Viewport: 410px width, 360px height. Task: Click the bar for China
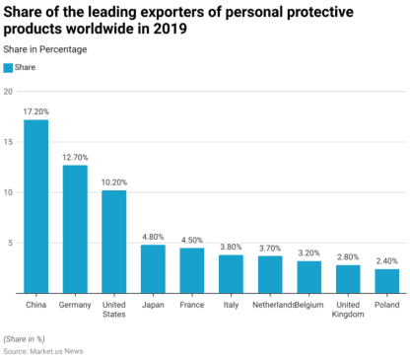pos(36,206)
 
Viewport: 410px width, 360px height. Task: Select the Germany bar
pos(75,229)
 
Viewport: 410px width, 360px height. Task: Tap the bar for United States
pos(113,242)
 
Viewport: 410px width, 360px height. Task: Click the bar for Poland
pos(387,281)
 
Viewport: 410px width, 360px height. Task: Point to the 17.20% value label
pos(36,112)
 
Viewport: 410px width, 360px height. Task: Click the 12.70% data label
pos(75,157)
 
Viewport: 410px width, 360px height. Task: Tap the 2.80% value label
pos(348,256)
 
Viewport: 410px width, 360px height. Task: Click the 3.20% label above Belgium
pos(308,252)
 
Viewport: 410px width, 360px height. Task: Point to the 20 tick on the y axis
pos(8,92)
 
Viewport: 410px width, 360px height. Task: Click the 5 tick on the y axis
pos(10,243)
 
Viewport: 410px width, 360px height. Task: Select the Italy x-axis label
pos(231,306)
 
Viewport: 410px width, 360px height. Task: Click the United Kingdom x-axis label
pos(348,311)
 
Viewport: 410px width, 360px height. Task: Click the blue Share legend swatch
pos(8,68)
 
